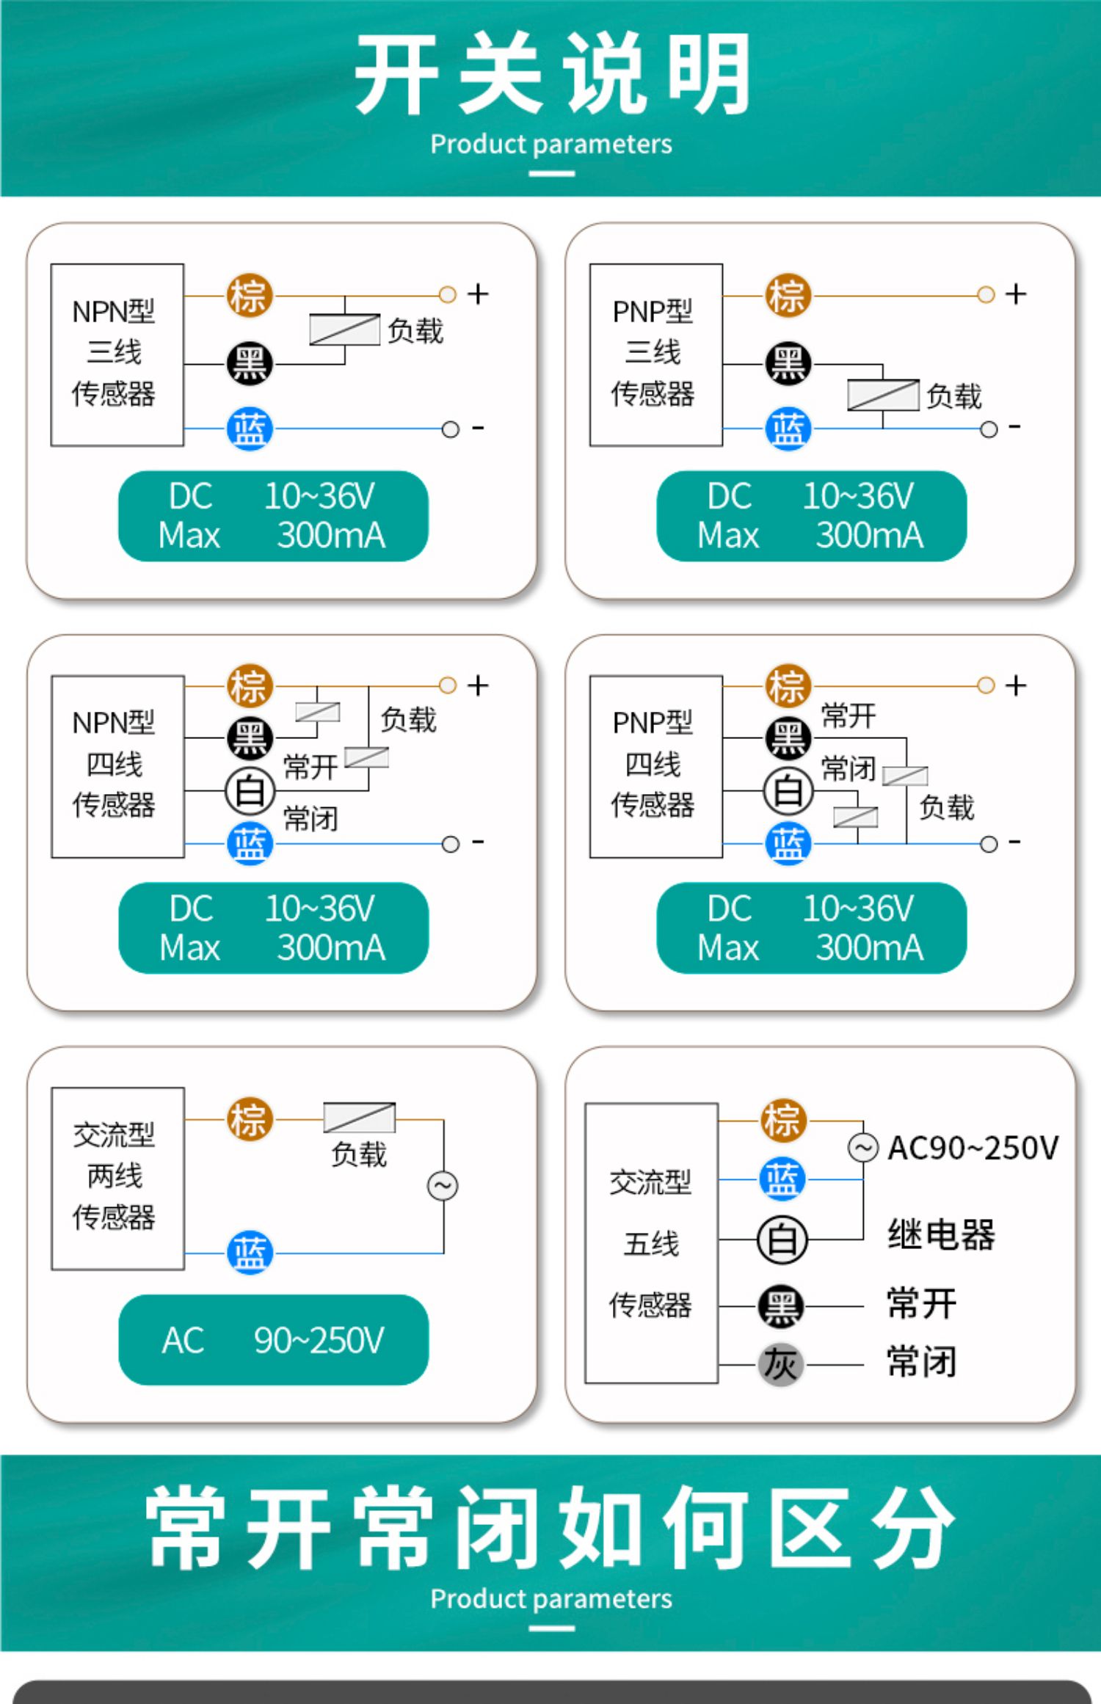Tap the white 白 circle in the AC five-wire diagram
[x=782, y=1239]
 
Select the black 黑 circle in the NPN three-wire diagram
[x=249, y=364]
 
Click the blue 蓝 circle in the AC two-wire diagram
[x=249, y=1253]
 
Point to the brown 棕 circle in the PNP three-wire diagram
[x=788, y=296]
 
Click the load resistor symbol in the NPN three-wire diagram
[x=344, y=329]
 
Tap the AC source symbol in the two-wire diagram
[x=443, y=1186]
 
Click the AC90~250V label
[x=973, y=1148]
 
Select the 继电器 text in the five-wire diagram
[x=941, y=1234]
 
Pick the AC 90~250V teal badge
[x=273, y=1340]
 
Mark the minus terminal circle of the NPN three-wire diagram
[x=450, y=429]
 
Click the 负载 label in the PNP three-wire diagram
[x=953, y=396]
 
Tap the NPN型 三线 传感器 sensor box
[x=117, y=354]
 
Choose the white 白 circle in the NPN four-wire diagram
[x=249, y=791]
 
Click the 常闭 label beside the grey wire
[x=921, y=1362]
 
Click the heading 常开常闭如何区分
[x=550, y=1528]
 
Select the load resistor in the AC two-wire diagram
[x=359, y=1118]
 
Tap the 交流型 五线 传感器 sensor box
[x=651, y=1242]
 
